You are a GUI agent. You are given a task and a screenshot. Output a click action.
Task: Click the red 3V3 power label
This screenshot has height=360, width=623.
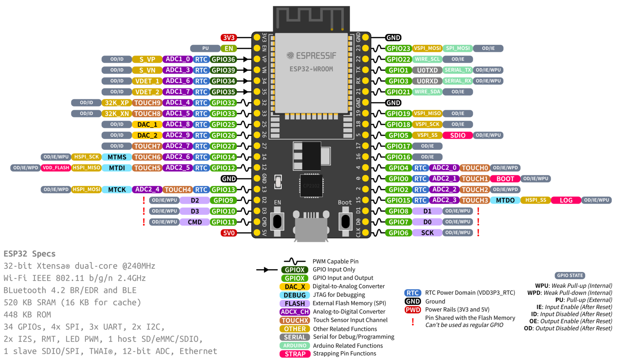(x=229, y=38)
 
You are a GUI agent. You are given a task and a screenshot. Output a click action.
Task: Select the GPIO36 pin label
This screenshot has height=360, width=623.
(x=223, y=59)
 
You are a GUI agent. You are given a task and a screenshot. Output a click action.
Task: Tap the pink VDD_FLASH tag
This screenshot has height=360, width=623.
(x=56, y=168)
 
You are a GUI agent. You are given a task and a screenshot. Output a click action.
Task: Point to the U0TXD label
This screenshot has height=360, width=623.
(x=427, y=70)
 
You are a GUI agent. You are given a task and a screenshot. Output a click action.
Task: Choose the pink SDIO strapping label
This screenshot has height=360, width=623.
(x=458, y=135)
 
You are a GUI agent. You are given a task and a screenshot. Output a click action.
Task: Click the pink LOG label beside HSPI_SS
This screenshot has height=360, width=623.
(x=566, y=200)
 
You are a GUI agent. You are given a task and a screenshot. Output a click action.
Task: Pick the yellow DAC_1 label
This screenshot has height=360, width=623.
(x=147, y=124)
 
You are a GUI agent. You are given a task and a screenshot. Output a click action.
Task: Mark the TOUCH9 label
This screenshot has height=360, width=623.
(x=147, y=103)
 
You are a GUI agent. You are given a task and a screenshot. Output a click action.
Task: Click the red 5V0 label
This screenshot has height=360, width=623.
(x=229, y=233)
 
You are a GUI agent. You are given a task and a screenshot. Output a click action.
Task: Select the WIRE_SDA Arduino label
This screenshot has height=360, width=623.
(x=427, y=92)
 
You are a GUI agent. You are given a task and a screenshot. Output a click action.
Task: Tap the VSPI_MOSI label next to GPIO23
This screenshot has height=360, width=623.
(x=427, y=48)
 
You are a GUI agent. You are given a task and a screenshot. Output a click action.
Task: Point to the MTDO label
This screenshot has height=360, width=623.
(x=505, y=200)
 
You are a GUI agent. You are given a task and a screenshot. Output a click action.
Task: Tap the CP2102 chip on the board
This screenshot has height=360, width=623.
(x=311, y=186)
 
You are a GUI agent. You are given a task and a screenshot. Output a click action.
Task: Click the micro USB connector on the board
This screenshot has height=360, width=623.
(x=311, y=228)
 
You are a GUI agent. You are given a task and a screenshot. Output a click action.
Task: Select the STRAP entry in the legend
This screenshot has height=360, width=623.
(x=295, y=354)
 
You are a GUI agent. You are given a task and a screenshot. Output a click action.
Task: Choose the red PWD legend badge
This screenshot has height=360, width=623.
(x=413, y=310)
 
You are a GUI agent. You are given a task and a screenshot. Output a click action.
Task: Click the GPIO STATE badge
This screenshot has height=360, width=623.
(x=570, y=275)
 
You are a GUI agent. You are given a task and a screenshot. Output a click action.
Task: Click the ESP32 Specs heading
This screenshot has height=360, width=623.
(x=30, y=254)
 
